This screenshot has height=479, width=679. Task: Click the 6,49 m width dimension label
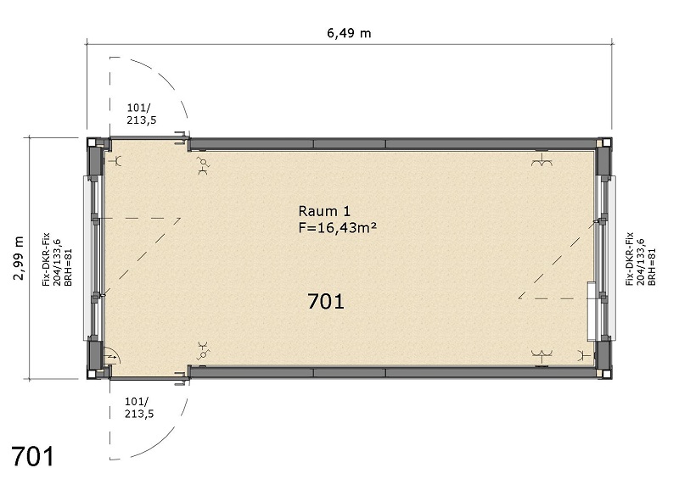349,33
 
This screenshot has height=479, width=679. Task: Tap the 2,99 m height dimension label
19,259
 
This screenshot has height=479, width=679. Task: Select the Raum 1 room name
324,211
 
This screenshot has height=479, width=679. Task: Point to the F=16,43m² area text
337,227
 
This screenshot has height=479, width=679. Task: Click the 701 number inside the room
326,301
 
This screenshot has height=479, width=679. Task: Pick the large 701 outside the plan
33,456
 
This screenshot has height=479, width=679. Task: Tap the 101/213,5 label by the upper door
141,114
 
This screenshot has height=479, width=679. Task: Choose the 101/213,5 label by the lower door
139,408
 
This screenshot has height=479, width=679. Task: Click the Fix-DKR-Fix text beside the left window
46,259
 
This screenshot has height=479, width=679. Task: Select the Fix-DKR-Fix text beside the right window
630,259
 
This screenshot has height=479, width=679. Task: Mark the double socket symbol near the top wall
542,161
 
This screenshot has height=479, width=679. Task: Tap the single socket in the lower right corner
585,355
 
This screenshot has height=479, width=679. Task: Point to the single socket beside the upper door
116,161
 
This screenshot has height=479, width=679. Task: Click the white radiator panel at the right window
591,311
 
